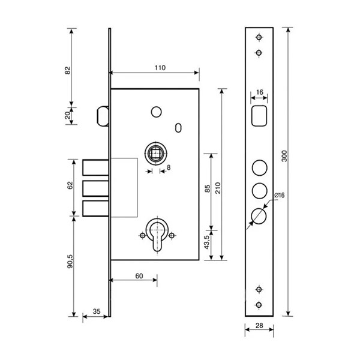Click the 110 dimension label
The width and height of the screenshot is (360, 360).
point(160,68)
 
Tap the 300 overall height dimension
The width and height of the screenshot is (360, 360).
point(284,156)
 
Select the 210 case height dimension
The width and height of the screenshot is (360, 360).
point(218,188)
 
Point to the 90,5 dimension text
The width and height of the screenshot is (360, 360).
point(70,261)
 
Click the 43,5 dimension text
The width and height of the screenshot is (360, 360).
point(207,242)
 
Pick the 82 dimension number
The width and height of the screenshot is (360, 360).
point(67,70)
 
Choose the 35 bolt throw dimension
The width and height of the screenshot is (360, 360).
point(97,311)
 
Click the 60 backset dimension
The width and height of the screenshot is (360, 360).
point(139,276)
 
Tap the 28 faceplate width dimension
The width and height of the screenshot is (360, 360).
point(259,325)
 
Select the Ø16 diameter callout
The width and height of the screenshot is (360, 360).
point(280,195)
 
